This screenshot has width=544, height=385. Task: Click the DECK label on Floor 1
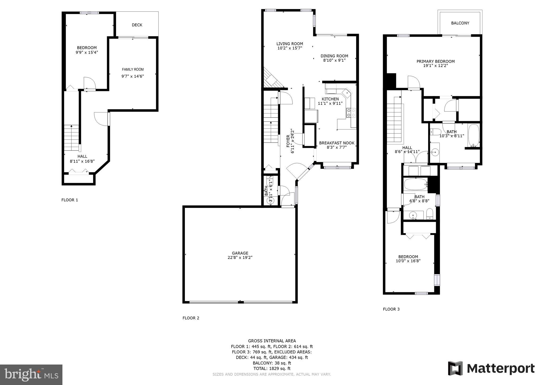(x=137, y=25)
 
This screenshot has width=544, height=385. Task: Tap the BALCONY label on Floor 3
(x=460, y=23)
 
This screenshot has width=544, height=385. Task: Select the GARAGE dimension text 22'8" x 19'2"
(x=240, y=258)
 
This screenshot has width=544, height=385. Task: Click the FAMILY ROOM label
(x=133, y=69)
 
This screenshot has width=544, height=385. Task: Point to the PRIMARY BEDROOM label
(x=435, y=61)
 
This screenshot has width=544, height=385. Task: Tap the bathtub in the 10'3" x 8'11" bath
(x=473, y=136)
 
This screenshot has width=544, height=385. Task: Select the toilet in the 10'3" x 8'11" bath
(x=435, y=132)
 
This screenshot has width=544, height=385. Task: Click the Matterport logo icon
(x=455, y=368)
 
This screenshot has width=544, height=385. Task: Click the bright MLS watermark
(x=31, y=375)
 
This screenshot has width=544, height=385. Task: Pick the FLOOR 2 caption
(x=191, y=318)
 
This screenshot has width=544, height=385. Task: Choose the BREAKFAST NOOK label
(x=337, y=143)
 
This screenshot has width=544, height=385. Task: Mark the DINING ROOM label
(x=334, y=56)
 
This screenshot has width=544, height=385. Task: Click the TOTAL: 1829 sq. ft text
(x=272, y=369)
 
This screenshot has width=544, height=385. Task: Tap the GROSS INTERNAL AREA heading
(x=272, y=341)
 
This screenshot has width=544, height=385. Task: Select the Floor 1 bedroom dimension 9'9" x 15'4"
(x=87, y=52)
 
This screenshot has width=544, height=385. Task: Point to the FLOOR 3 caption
(x=391, y=309)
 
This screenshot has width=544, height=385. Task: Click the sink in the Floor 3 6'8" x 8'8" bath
(x=413, y=215)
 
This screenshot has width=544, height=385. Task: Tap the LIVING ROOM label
(x=290, y=44)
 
